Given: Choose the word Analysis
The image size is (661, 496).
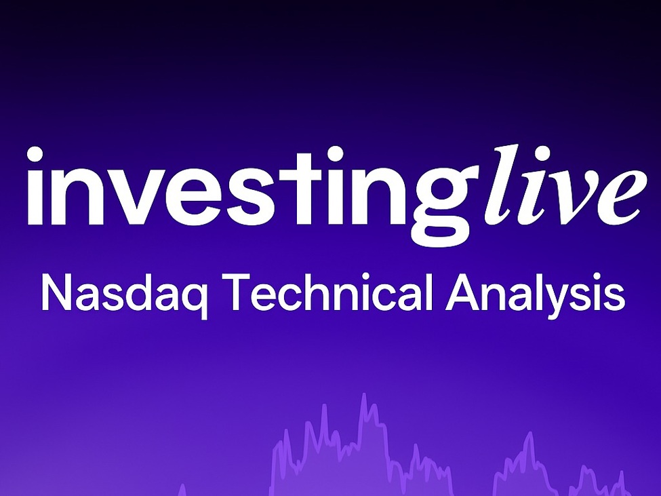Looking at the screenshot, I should click(535, 294).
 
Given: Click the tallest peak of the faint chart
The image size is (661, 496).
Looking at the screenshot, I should click(364, 396).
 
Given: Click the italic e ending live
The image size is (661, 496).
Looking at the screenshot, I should click(621, 197).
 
